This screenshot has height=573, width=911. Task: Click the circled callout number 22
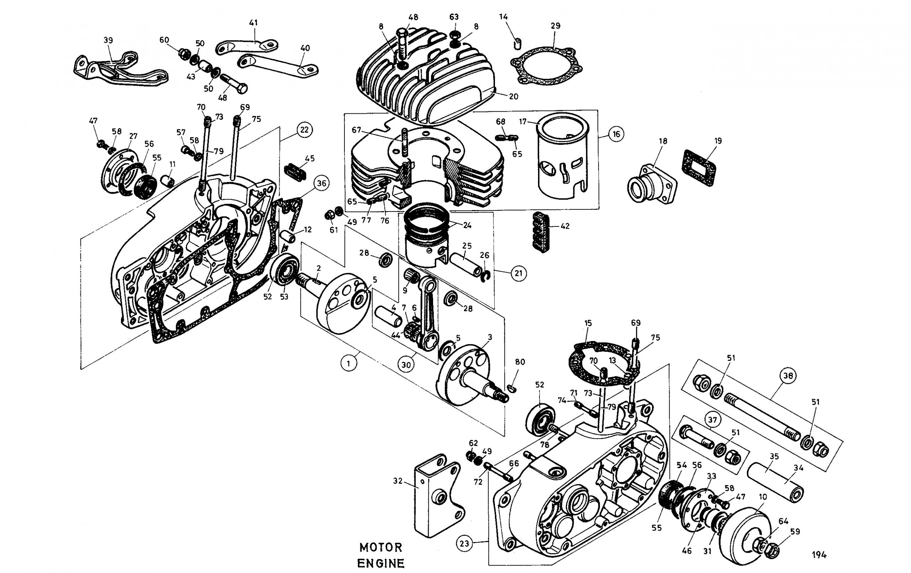pos(304,130)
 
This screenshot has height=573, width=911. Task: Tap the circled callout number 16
pos(616,134)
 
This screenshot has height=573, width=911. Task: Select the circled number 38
pos(788,375)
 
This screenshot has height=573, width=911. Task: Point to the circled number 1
pos(348,364)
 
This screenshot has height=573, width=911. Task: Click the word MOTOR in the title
pos(381,547)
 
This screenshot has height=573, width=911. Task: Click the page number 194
pos(819,555)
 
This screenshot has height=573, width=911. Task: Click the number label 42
pos(565,226)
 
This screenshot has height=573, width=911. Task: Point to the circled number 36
pos(321,184)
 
